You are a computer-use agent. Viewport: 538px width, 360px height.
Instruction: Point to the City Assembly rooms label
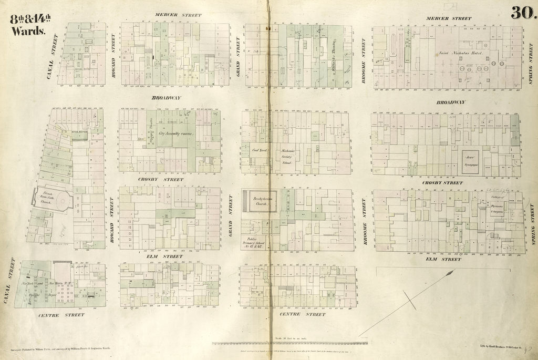(x=176, y=134)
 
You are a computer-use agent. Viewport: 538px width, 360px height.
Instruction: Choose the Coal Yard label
(x=261, y=149)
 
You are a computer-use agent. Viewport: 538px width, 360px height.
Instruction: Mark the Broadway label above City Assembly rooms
(x=167, y=98)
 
